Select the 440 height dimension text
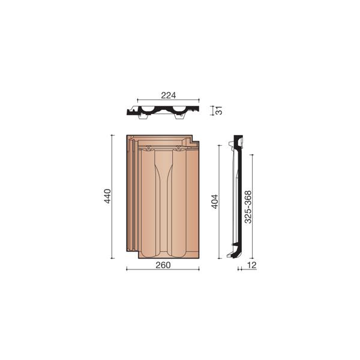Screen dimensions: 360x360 point(108,196)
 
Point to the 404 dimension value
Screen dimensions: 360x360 point(214,202)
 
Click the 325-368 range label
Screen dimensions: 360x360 point(248,208)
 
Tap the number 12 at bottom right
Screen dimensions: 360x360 point(251,265)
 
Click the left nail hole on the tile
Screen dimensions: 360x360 point(148,148)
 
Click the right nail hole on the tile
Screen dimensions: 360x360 point(179,148)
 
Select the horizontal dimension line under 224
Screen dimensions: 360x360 point(168,100)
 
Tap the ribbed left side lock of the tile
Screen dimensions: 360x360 point(131,192)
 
